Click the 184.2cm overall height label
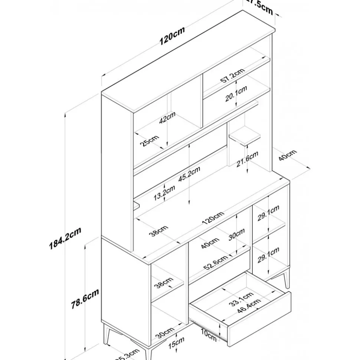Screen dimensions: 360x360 [65, 239]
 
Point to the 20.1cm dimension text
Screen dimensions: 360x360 [236, 96]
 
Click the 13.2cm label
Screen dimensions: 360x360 [164, 193]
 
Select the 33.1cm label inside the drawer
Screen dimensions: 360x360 [241, 298]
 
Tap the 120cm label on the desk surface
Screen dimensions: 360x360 [213, 218]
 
